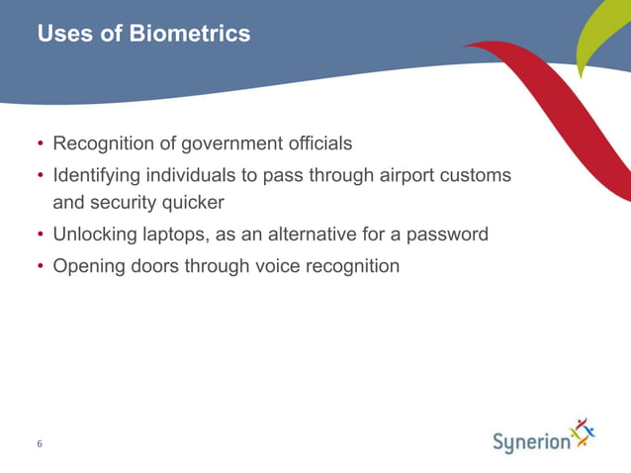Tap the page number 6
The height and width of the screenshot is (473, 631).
tap(40, 444)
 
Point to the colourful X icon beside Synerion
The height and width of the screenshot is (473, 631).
tap(584, 433)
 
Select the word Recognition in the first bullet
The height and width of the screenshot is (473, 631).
tap(104, 143)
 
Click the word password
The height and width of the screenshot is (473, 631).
tap(444, 235)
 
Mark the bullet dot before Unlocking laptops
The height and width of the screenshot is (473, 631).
tap(41, 236)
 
